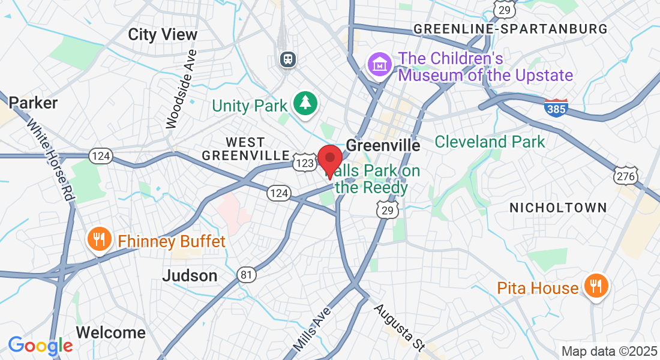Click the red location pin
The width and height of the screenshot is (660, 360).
[x=329, y=160]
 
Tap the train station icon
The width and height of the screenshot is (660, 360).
[x=289, y=59]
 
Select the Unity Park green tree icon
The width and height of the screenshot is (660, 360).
[x=306, y=103]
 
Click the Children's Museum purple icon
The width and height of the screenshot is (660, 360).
[x=380, y=64]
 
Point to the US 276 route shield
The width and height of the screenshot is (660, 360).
[x=625, y=176]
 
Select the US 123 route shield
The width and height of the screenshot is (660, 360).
[x=305, y=163]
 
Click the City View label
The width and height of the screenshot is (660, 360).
[x=163, y=35]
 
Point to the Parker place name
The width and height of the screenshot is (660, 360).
[x=33, y=103]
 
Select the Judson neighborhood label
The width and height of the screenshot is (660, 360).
[x=190, y=276]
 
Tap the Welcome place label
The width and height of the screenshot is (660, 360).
[x=111, y=332]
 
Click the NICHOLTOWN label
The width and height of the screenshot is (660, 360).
[x=558, y=208]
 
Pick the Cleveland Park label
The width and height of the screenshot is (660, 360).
[x=490, y=142]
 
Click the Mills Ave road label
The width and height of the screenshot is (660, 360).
[x=312, y=330]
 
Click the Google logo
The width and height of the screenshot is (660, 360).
[x=40, y=346]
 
